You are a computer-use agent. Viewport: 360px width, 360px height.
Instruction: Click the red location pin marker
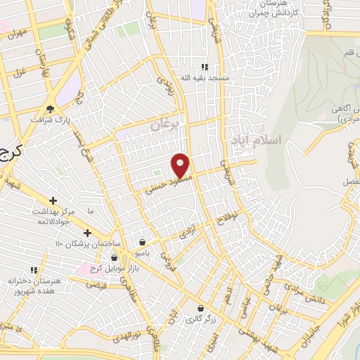pyautogui.click(x=181, y=165)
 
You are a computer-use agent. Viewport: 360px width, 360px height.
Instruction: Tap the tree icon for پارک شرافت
pyautogui.click(x=50, y=108)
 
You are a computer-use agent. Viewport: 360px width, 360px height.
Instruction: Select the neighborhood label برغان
pyautogui.click(x=166, y=124)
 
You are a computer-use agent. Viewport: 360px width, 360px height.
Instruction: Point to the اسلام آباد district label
pyautogui.click(x=255, y=141)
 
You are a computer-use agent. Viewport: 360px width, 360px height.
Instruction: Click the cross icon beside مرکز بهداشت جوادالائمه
pyautogui.click(x=53, y=200)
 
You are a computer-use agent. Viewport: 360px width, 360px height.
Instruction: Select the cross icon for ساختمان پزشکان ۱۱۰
pyautogui.click(x=87, y=233)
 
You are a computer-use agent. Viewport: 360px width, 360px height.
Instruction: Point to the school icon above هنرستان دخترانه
pyautogui.click(x=33, y=269)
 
